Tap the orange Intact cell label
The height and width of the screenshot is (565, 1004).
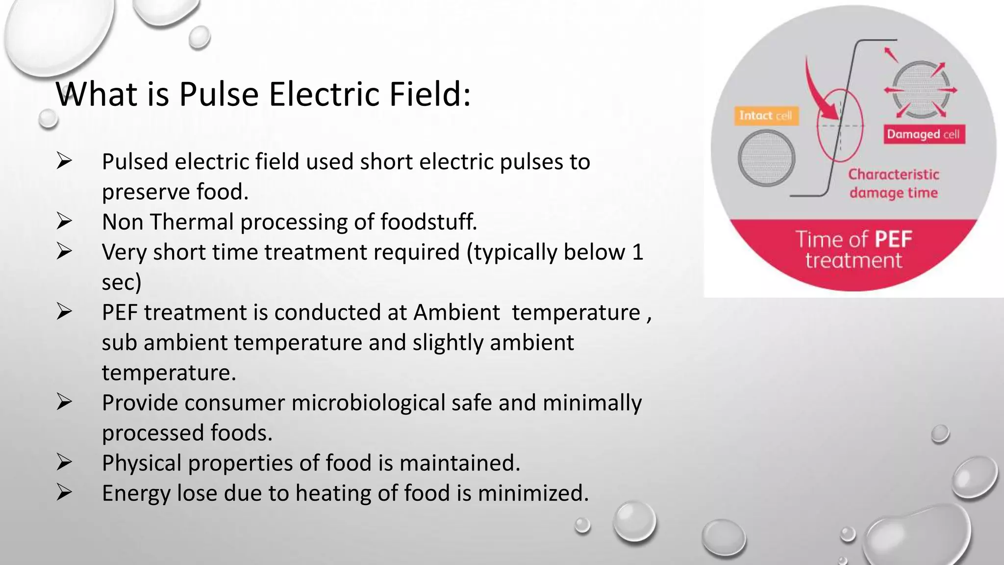point(766,116)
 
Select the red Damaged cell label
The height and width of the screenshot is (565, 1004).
point(924,134)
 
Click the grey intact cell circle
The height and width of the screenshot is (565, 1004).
point(766,158)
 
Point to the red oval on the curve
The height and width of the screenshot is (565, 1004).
point(840,126)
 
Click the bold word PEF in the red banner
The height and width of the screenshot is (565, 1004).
point(893,240)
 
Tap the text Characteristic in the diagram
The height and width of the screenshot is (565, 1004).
point(894,175)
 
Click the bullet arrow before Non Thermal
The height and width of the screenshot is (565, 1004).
point(64,222)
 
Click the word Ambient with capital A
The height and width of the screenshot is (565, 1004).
point(456,312)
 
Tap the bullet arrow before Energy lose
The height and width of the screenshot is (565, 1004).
point(64,493)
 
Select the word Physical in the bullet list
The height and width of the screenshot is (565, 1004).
point(142,463)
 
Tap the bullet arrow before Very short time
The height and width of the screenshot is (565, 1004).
point(64,252)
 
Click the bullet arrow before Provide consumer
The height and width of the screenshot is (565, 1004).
point(64,403)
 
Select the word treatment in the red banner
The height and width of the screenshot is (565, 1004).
point(853,260)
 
